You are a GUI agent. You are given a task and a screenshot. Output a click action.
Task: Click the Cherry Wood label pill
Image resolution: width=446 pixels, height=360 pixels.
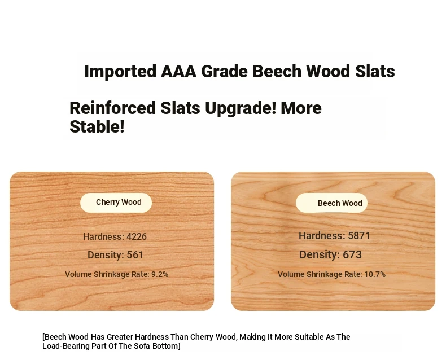tap(116, 203)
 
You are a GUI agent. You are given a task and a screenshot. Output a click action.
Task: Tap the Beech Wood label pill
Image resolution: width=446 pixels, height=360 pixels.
tap(331, 203)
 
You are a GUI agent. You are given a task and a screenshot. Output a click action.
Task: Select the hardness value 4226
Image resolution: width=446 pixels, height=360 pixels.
tap(137, 236)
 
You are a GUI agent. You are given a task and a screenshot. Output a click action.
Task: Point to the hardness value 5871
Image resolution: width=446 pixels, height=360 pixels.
tap(359, 236)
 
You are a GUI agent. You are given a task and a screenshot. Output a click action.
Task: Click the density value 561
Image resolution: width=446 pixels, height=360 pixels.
tap(135, 255)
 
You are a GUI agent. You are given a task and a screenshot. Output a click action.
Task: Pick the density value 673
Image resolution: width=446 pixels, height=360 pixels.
tap(352, 254)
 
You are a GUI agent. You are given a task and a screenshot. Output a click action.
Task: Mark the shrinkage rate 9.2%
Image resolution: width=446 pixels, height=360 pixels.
tap(160, 274)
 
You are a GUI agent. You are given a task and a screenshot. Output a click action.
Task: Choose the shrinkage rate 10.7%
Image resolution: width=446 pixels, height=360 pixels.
tap(375, 274)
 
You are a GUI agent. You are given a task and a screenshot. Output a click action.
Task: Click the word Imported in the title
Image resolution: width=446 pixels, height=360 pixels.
tap(120, 71)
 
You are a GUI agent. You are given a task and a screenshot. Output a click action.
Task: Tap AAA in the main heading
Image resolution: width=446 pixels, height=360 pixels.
tap(178, 71)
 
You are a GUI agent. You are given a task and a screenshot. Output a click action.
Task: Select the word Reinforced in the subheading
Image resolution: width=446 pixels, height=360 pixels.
tap(113, 108)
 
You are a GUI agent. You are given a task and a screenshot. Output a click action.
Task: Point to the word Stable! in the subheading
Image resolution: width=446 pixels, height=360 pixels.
tap(97, 126)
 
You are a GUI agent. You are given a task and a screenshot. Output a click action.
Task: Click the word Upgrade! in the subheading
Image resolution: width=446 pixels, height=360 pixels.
tap(241, 109)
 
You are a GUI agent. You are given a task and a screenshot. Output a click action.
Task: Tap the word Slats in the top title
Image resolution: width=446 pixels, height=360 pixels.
tap(375, 71)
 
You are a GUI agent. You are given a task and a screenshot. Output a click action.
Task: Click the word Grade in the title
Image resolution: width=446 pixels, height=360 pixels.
tap(224, 71)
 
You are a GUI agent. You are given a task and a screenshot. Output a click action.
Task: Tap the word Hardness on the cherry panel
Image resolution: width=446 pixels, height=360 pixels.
tap(103, 236)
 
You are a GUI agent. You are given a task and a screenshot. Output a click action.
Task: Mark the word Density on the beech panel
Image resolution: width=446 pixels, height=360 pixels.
tap(320, 255)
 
